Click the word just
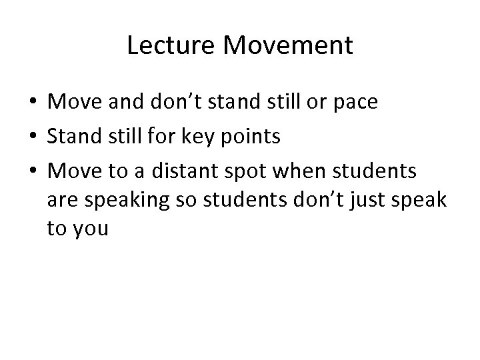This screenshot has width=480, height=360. point(367,200)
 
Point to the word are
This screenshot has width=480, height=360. point(60,200)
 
